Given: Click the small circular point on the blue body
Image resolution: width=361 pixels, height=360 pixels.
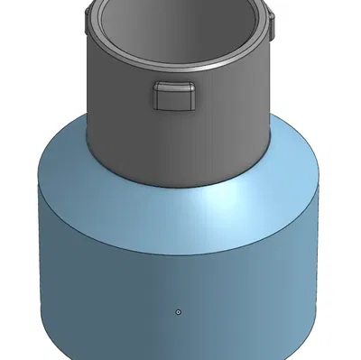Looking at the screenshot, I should [179, 311].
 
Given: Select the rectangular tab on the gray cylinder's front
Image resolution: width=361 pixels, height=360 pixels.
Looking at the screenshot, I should [174, 97].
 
